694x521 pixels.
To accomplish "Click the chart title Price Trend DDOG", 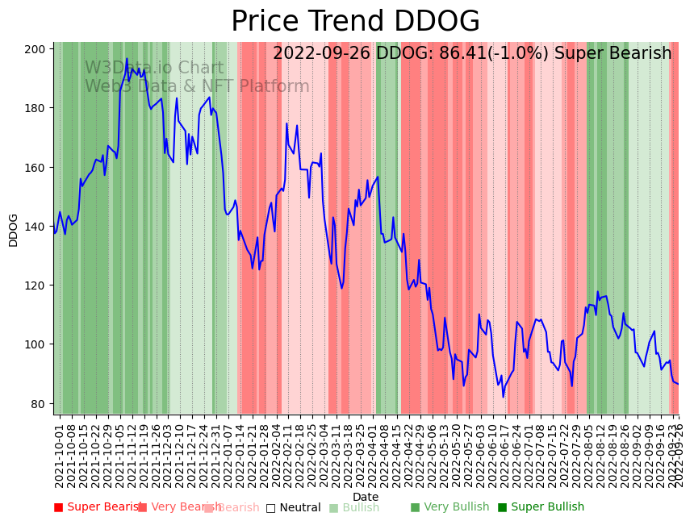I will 355,22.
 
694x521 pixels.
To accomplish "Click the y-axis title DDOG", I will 14,230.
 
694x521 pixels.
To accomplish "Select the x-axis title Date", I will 366,497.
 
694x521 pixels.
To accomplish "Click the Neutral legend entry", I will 294,507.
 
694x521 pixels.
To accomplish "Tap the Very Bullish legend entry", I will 450,507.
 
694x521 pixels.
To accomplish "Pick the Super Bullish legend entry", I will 541,507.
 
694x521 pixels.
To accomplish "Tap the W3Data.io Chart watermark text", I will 154,69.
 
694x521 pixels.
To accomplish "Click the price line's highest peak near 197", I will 127,59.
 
